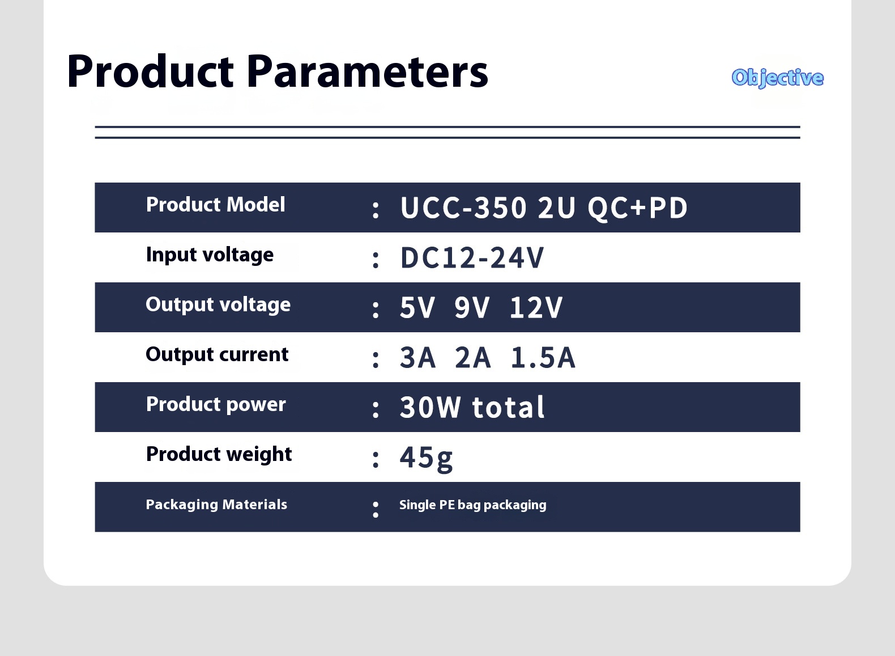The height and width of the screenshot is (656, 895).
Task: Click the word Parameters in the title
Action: tap(367, 71)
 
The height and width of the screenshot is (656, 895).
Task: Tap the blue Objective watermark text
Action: tap(778, 78)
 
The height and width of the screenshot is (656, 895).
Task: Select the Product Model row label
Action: tap(215, 205)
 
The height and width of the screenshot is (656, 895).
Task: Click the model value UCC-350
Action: tap(463, 208)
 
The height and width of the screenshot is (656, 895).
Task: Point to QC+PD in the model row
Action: tap(638, 209)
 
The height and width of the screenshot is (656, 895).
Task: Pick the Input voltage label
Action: tap(210, 255)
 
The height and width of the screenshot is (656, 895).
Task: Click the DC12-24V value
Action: tap(472, 258)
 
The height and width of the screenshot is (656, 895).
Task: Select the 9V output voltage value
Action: tap(471, 308)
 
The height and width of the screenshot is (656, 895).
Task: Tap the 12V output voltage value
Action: tap(536, 308)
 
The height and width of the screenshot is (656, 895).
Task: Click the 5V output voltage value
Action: tap(417, 308)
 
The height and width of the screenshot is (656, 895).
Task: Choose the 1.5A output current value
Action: tap(543, 358)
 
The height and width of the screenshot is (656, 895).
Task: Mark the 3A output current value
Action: tap(417, 358)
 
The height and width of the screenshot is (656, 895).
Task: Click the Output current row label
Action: tap(217, 354)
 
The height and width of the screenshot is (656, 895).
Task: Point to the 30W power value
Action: tap(430, 408)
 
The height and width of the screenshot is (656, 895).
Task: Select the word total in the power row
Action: tap(508, 408)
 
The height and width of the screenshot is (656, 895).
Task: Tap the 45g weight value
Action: tap(426, 458)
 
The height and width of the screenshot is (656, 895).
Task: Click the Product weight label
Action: tap(219, 455)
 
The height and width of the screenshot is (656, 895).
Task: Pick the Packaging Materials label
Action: tap(216, 505)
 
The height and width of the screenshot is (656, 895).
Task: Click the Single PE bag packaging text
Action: tap(472, 505)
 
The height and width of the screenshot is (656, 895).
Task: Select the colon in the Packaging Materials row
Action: tap(375, 510)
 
